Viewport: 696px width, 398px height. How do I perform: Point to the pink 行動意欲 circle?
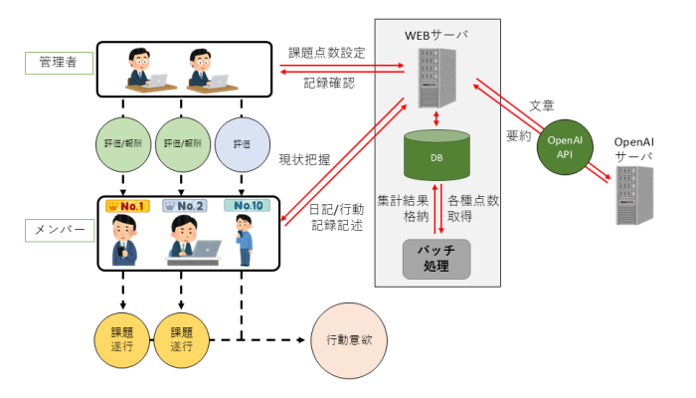point(348,339)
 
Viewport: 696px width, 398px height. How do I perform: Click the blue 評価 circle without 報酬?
point(241,142)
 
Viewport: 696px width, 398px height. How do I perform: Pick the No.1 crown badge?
point(127,207)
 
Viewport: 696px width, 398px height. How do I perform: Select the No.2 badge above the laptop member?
point(184,207)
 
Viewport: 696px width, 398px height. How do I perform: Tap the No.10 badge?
point(242,207)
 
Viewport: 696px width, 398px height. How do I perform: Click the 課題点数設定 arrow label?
point(327,51)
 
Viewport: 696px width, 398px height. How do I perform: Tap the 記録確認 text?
point(327,83)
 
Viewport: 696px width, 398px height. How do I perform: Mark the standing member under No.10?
point(243,240)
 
